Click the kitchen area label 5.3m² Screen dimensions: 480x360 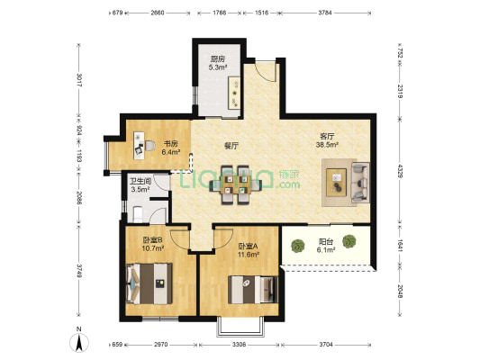[x=218, y=67]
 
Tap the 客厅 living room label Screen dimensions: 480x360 [x=327, y=136]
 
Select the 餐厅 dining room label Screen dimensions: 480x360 [x=231, y=146]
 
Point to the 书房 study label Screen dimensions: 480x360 [x=170, y=143]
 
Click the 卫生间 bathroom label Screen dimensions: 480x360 [x=140, y=182]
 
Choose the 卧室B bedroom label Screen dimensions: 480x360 [x=152, y=239]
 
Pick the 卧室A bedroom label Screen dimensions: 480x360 [x=249, y=246]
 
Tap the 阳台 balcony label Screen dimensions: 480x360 [x=326, y=242]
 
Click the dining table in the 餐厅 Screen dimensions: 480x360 [x=235, y=185]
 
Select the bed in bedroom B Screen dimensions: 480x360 [x=149, y=283]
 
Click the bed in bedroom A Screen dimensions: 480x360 [x=253, y=290]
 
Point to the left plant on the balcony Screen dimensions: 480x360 [x=297, y=246]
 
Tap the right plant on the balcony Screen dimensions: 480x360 [x=349, y=241]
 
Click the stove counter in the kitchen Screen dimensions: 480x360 [x=235, y=93]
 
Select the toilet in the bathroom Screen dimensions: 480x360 [x=138, y=214]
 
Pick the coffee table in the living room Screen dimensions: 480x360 [x=336, y=183]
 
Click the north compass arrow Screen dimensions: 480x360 [x=79, y=343]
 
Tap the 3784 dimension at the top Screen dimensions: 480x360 [x=325, y=13]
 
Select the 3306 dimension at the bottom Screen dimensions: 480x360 [x=239, y=345]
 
